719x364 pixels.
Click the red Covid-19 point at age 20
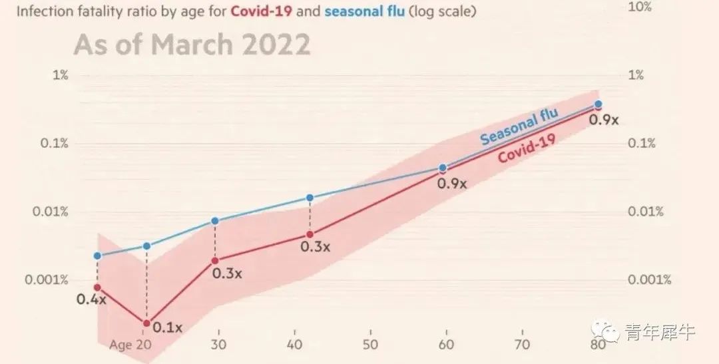[146, 323]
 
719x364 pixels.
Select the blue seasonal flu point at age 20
[146, 246]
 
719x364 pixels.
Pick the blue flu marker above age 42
[310, 198]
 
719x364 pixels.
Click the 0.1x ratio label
[167, 327]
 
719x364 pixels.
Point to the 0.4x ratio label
[91, 299]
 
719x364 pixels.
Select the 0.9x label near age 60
[452, 182]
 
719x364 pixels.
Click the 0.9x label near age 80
[604, 120]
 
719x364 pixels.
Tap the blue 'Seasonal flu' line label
[519, 126]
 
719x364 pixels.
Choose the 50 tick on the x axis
[371, 345]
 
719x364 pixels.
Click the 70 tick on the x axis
[523, 345]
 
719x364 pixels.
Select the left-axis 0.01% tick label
[51, 212]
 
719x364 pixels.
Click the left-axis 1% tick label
[61, 75]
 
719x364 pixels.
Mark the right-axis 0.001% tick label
[649, 279]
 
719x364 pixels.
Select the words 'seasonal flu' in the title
[364, 12]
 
